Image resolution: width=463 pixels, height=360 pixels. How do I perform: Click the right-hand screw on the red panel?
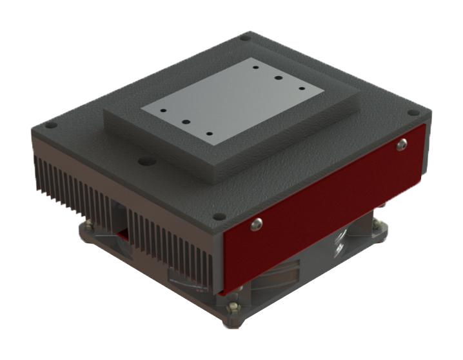pos(402,145)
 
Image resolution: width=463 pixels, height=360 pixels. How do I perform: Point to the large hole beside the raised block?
pos(146,157)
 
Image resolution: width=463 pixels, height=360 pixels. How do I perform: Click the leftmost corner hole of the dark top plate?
pos(51,125)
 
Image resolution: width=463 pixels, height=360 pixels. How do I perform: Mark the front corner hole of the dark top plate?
pos(220,217)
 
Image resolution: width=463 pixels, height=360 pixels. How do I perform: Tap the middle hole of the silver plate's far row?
pos(279,77)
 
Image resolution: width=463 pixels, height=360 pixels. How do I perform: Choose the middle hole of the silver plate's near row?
pos(185,121)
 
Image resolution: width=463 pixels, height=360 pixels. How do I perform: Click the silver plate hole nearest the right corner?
pos(302,86)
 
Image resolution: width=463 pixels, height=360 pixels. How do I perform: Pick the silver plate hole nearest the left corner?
pos(164,110)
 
